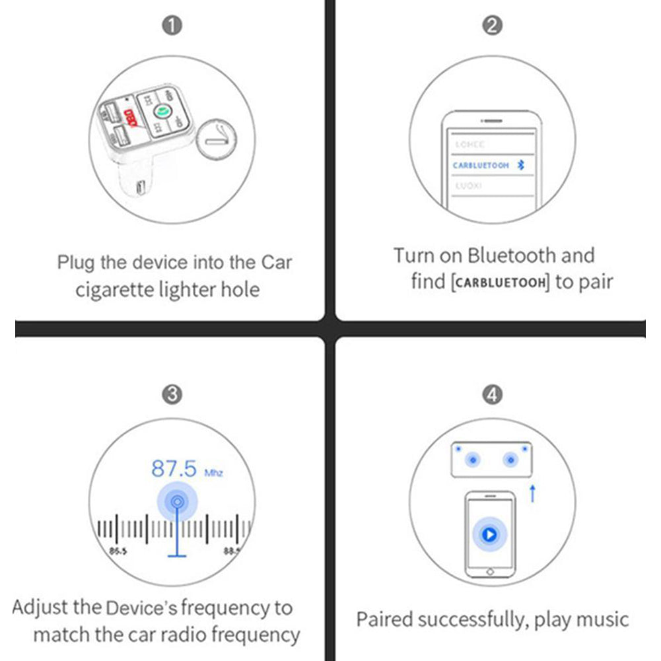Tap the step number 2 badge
[493, 26]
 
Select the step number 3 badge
[172, 394]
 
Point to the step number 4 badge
[493, 394]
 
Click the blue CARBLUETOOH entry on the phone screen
[481, 166]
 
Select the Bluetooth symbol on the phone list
[520, 165]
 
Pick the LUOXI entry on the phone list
[468, 186]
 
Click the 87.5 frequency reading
[174, 469]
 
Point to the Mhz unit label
[214, 473]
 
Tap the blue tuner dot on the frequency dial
[177, 503]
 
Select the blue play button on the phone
[489, 534]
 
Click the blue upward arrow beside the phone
[533, 493]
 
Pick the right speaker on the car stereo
[510, 460]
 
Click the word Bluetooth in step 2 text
[512, 256]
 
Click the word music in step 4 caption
[602, 619]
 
